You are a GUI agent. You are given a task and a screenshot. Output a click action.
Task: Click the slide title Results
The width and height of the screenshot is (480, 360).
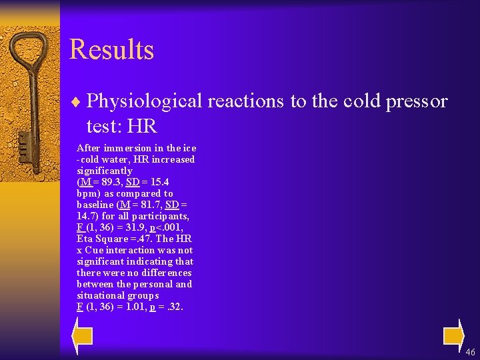tap(111, 50)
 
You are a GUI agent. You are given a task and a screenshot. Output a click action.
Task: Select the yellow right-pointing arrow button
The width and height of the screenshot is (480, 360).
tap(453, 335)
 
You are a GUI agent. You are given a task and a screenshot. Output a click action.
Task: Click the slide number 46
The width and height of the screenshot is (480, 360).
tap(471, 352)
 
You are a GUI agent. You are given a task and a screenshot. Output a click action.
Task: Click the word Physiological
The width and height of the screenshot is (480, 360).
tap(144, 101)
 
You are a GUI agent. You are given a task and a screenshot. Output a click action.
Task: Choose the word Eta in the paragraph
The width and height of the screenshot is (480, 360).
tap(85, 239)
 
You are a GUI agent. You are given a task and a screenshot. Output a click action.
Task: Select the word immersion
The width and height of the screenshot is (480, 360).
tap(121, 148)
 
